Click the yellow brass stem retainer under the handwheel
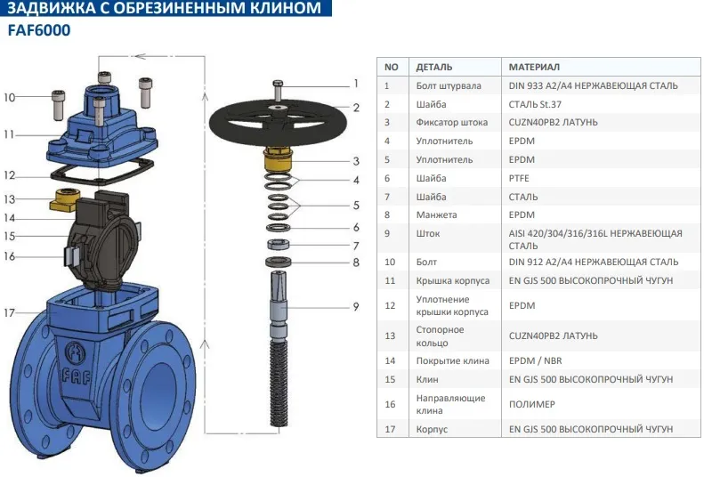click(278, 159)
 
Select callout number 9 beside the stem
click(356, 306)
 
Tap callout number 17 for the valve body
click(10, 312)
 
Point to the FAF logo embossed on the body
click(77, 363)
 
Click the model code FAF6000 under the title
click(39, 30)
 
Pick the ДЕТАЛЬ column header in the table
click(433, 67)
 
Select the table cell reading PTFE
click(519, 178)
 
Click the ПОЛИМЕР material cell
click(531, 404)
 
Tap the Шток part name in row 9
click(427, 233)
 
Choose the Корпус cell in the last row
click(432, 429)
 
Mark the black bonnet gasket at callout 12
click(102, 172)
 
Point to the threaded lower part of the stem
click(279, 382)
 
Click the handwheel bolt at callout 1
click(278, 91)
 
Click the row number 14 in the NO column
click(390, 360)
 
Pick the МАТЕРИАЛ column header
click(534, 67)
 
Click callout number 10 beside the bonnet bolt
click(10, 97)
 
